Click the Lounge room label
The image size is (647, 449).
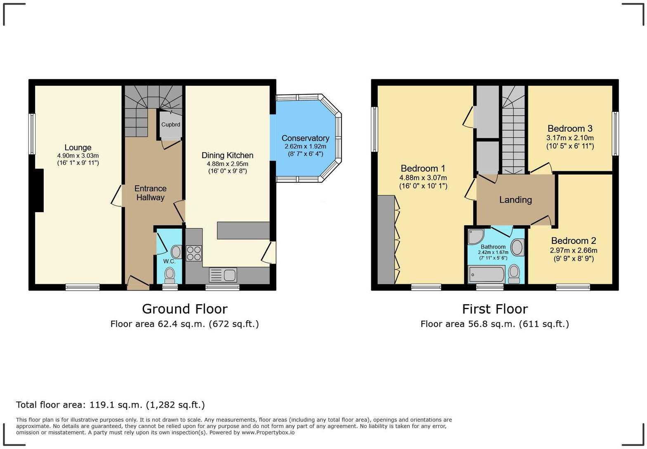click(x=78, y=148)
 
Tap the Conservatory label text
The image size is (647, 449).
click(x=305, y=138)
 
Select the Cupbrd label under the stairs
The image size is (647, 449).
click(x=170, y=125)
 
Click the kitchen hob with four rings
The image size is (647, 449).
click(x=194, y=253)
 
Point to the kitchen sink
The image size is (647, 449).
click(x=223, y=275)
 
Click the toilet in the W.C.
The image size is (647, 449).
click(x=170, y=274)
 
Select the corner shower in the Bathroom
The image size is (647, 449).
click(x=476, y=236)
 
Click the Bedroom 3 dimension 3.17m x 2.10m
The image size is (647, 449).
click(x=570, y=138)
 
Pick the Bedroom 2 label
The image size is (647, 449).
click(x=574, y=241)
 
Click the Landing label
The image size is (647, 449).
click(x=515, y=200)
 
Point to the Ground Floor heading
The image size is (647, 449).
click(x=184, y=309)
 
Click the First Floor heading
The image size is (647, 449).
click(x=495, y=309)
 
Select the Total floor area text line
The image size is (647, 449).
click(x=110, y=405)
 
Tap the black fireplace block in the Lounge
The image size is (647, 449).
click(x=39, y=190)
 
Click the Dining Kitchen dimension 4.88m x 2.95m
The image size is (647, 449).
click(x=227, y=164)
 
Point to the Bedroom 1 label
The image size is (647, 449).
click(x=423, y=168)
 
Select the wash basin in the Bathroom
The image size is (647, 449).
click(x=517, y=248)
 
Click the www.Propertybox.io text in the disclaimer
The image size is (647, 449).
click(x=268, y=432)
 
